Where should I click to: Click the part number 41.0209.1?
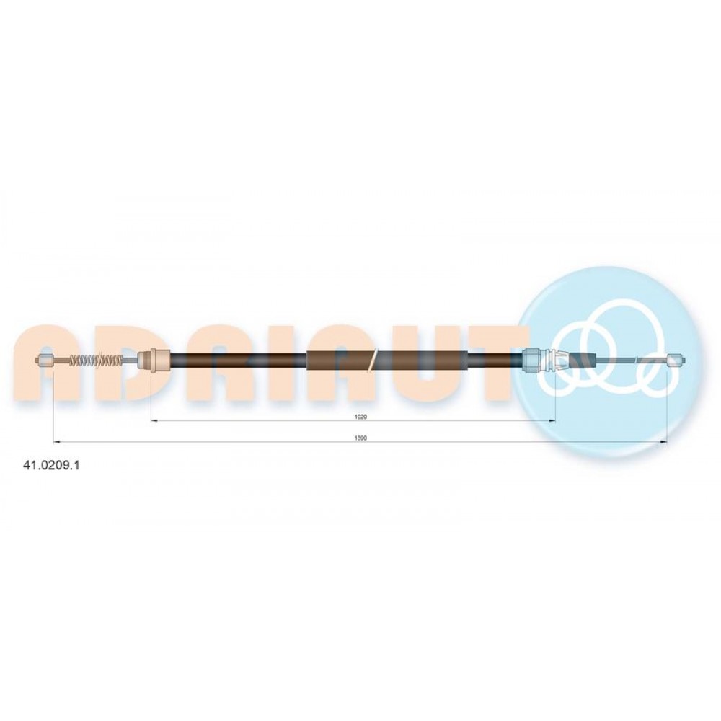point(51,465)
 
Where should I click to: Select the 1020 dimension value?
point(360,417)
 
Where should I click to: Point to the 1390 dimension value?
point(360,438)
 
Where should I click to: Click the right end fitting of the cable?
point(677,360)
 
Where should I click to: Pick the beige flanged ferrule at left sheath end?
point(154,360)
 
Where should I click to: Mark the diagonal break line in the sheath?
point(373,360)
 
